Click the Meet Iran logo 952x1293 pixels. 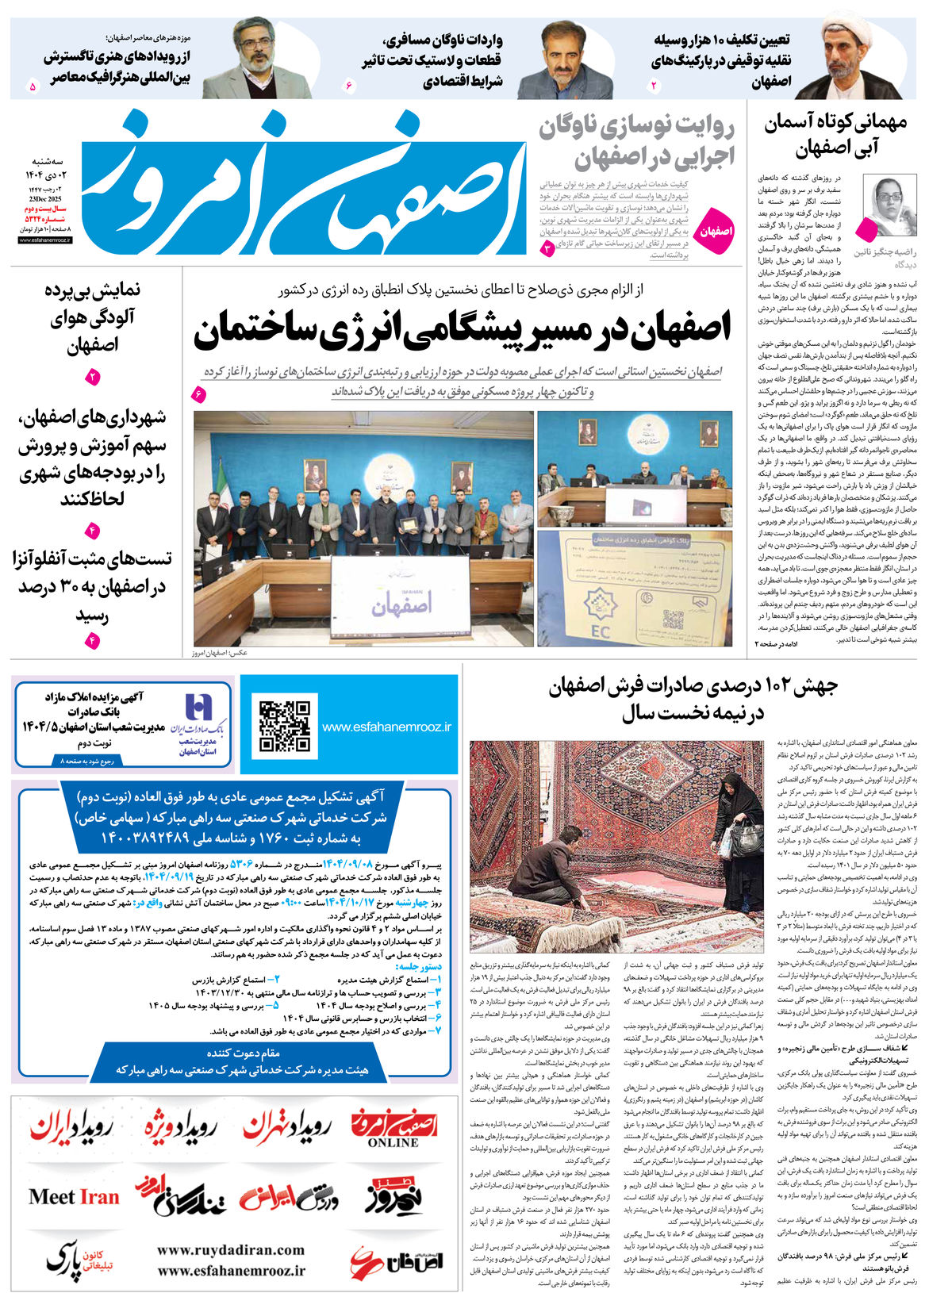[x=74, y=1196]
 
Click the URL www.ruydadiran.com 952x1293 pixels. [x=231, y=1250]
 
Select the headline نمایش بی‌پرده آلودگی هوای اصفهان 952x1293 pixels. [x=93, y=318]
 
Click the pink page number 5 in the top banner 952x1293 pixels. [x=33, y=86]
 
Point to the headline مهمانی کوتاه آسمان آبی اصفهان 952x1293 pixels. [x=835, y=135]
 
